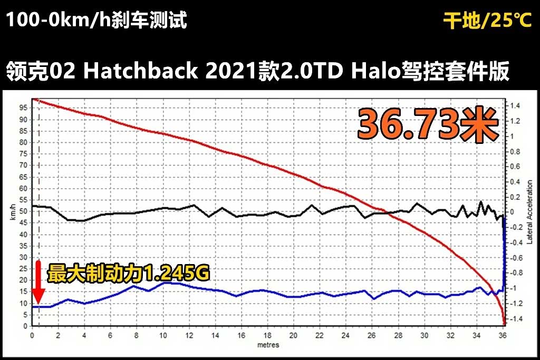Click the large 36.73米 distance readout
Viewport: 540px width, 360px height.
click(x=428, y=125)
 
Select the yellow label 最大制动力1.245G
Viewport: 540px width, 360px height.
click(x=129, y=274)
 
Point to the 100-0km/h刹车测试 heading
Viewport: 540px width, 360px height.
click(x=97, y=21)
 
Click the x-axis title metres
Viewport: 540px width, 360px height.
click(x=268, y=345)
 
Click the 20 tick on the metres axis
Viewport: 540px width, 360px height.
click(x=294, y=336)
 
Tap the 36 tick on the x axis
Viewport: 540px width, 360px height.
click(x=503, y=336)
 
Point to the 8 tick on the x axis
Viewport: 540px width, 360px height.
click(x=137, y=336)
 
